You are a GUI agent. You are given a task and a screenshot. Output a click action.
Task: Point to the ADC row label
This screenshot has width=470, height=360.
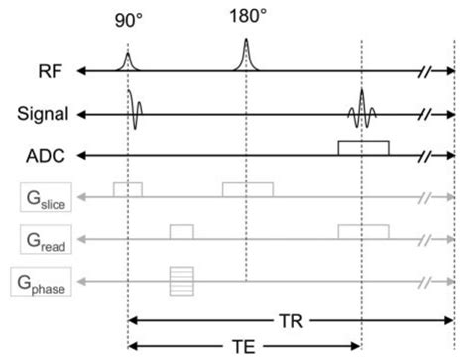(47, 156)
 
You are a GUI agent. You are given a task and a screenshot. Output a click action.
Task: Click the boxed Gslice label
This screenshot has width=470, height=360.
(42, 198)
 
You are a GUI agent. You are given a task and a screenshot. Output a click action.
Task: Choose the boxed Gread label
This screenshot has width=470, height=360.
(42, 240)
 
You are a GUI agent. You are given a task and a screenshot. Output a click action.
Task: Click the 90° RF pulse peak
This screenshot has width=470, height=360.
(128, 60)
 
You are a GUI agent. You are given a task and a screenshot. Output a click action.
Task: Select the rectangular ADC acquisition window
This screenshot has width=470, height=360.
(363, 148)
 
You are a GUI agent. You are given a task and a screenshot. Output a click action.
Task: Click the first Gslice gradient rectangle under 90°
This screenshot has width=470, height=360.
(128, 189)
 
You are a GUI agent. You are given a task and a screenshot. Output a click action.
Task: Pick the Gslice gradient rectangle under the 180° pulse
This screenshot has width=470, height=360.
(247, 189)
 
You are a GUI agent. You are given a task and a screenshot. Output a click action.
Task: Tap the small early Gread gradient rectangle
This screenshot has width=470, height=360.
(180, 232)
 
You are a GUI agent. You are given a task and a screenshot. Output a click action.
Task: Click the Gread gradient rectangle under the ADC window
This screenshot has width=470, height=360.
(363, 232)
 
